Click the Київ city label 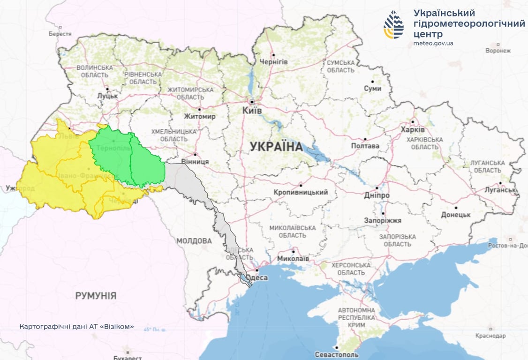252,110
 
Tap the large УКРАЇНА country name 276,146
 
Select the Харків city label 413,129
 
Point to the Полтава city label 365,146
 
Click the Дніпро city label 377,195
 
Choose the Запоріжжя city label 383,220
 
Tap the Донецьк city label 455,215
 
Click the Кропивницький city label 301,192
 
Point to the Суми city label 373,88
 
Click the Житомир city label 200,116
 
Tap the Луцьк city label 107,96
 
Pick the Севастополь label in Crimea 337,354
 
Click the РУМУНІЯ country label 96,296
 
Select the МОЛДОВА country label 194,240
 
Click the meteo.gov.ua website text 433,43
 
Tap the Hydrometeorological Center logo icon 393,25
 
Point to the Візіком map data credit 77,326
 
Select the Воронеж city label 498,51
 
